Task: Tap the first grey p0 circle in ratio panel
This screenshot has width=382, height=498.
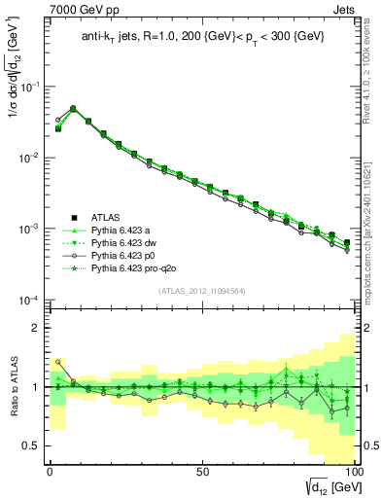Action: [x=57, y=362]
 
